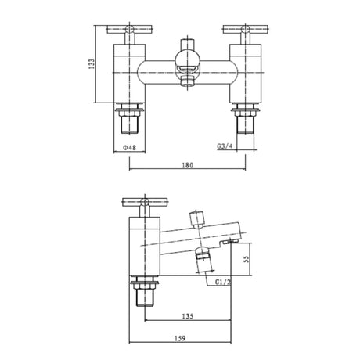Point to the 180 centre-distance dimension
[186, 165]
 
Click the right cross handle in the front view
[242, 31]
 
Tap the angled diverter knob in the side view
[196, 216]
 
